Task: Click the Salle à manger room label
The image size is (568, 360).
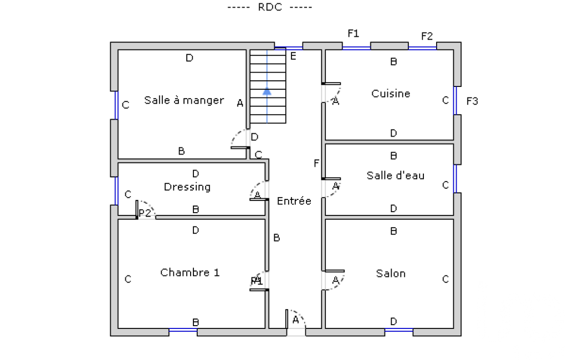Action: tap(184, 100)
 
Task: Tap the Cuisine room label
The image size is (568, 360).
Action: tap(391, 94)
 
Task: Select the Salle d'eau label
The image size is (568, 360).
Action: tap(395, 176)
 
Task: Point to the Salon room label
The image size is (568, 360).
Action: tap(391, 273)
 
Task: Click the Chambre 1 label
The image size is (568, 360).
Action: tap(190, 272)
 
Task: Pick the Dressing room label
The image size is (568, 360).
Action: tap(187, 187)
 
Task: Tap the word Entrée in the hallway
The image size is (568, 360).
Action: tap(294, 201)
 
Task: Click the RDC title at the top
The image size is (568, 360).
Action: tap(270, 7)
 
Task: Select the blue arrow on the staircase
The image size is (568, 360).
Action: tap(267, 91)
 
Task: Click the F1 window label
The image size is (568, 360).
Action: tap(353, 34)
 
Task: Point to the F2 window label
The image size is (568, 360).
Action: tap(427, 37)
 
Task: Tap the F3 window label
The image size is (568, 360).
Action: tap(472, 101)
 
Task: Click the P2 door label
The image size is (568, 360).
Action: tap(145, 213)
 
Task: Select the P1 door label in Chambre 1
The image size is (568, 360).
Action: tap(256, 281)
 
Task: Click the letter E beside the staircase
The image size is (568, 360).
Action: tap(293, 56)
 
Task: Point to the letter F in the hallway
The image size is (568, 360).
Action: tap(316, 163)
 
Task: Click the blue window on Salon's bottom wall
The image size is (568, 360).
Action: tap(398, 331)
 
